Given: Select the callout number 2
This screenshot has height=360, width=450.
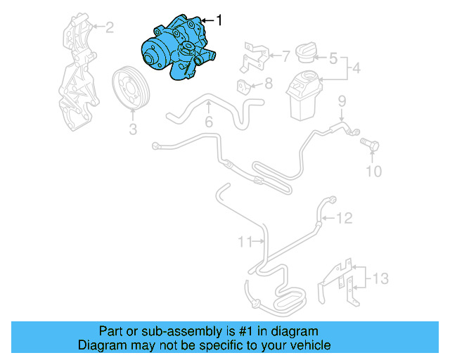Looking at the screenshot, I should pos(109,28).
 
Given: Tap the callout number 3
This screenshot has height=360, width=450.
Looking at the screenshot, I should pos(131,129).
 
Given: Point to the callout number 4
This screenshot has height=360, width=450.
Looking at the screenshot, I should pos(357,69).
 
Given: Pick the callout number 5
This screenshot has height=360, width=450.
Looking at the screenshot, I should pos(333,58).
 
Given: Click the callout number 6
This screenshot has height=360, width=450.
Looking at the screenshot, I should pos(209,122).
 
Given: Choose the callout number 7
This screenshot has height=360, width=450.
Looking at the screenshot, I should pos(285,54).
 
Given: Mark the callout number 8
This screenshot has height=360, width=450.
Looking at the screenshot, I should pos(268,84).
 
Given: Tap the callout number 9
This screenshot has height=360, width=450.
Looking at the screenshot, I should pos(342,101).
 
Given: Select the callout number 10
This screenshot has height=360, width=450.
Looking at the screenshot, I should pos(375,171).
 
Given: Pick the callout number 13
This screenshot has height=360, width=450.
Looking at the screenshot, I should pos(380,279).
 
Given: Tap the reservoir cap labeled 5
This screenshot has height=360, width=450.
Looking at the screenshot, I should pos(307,54).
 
